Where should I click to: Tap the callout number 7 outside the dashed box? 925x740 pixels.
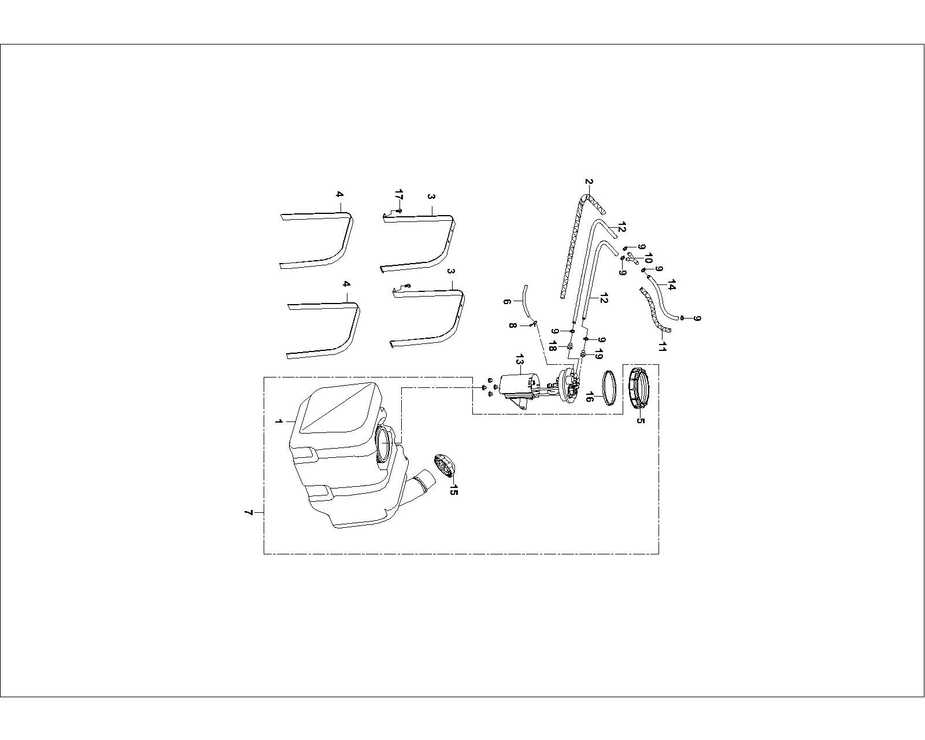pyautogui.click(x=248, y=513)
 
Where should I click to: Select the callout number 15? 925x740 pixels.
pyautogui.click(x=453, y=490)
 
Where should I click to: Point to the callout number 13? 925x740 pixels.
pyautogui.click(x=520, y=359)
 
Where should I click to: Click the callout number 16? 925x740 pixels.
pyautogui.click(x=589, y=397)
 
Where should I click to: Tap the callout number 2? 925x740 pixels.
pyautogui.click(x=589, y=182)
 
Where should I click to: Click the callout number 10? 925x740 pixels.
pyautogui.click(x=648, y=258)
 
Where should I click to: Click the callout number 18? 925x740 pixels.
pyautogui.click(x=552, y=346)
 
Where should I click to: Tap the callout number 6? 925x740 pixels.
pyautogui.click(x=507, y=302)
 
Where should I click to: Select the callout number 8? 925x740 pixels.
pyautogui.click(x=512, y=325)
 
